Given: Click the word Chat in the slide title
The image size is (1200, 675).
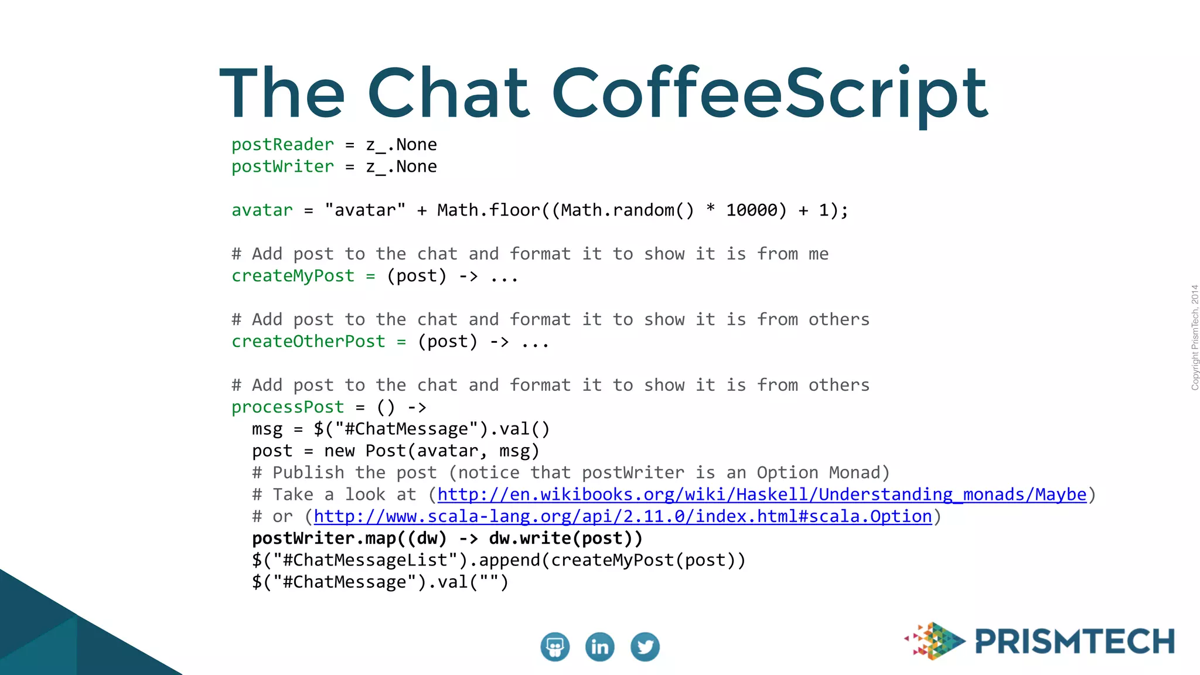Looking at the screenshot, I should click(448, 94).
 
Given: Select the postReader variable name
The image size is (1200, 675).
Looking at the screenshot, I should click(282, 145).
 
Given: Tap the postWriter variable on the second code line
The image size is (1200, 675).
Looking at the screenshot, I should click(282, 167).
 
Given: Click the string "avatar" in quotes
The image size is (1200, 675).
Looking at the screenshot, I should click(365, 210).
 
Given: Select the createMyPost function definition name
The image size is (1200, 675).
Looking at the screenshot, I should click(293, 276).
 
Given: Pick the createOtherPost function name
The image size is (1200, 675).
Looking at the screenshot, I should click(308, 342).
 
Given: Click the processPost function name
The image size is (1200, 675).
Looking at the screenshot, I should click(288, 407).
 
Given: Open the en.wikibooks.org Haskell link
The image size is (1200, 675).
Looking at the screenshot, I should click(762, 495).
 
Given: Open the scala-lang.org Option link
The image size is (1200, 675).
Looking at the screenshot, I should click(622, 517).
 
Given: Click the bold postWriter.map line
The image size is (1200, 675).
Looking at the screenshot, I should click(447, 538).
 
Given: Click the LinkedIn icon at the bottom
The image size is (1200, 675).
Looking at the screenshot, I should click(599, 647).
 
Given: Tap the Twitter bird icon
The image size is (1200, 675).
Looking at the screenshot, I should click(645, 647).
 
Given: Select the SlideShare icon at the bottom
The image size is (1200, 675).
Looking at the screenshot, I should click(554, 647).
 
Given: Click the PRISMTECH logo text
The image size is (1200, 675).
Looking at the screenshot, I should click(1075, 642).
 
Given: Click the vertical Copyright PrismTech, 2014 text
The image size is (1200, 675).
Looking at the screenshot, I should click(1194, 337).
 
